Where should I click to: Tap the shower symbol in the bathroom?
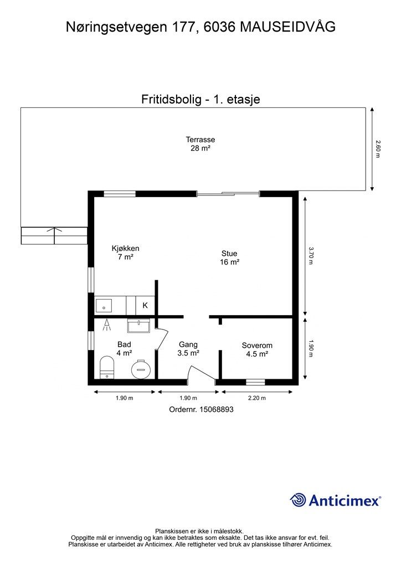point(106,326)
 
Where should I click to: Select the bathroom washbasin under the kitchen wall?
point(138,326)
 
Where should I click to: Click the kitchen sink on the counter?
point(104,305)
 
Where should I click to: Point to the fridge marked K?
point(145,305)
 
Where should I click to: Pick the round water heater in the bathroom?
point(140,369)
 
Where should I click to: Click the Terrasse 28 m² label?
point(200,144)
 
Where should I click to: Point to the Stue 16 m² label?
point(229,258)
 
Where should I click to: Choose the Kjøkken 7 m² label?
point(125,252)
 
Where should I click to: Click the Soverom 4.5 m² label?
point(257,349)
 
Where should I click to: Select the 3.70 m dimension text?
point(310,255)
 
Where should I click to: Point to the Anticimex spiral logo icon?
point(298,500)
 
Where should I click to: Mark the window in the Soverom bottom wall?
point(255,382)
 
